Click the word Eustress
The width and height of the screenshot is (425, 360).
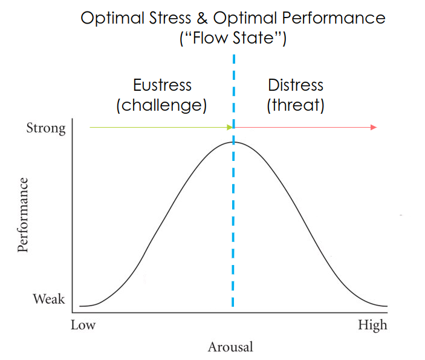pos(161,85)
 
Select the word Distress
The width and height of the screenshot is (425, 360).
pos(296,85)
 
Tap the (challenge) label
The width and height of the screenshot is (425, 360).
pos(161,105)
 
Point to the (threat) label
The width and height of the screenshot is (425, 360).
pos(296,105)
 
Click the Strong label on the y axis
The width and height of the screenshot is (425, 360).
pos(45,128)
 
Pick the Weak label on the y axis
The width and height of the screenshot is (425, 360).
pos(49,299)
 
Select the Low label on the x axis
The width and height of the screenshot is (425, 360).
pos(83,326)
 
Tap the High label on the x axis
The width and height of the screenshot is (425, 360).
pos(372,326)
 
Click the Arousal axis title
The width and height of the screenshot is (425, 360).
pos(230,347)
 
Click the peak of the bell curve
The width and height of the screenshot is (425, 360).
pos(233,142)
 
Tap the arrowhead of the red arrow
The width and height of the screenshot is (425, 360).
pos(374,127)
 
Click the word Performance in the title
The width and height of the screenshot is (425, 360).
pos(335,18)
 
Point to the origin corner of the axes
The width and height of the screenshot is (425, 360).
pos(73,313)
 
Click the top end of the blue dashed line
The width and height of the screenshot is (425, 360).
pos(233,56)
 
